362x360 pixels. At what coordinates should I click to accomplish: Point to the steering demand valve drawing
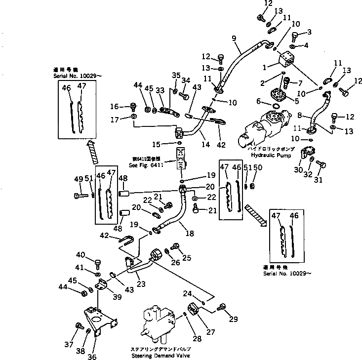(157, 324)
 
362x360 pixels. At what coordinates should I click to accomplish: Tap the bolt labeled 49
(81, 196)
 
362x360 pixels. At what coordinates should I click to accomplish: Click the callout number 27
(211, 332)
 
